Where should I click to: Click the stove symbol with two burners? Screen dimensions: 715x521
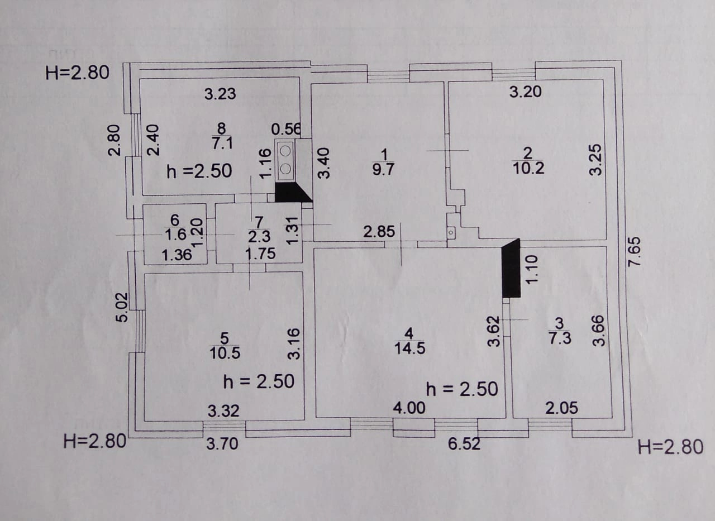pos(285,160)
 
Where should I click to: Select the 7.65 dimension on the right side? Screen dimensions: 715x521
pos(635,252)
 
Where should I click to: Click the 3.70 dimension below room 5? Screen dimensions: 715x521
pos(222,444)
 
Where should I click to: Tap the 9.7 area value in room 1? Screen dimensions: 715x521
pos(383,169)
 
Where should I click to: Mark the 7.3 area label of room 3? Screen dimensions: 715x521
pos(560,338)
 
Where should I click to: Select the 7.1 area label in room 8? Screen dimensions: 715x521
pos(222,144)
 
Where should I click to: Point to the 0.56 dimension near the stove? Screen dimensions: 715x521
pos(286,130)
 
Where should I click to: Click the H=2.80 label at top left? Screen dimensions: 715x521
pos(78,73)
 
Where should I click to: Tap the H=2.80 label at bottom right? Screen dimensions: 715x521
pos(670,447)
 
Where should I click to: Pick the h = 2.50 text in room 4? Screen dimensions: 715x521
pos(461,389)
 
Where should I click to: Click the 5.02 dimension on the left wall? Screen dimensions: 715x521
pos(122,307)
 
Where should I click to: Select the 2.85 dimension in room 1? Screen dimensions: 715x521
pos(379,231)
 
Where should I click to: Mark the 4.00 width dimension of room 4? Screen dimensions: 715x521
pos(409,408)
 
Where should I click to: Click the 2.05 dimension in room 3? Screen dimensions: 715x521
pos(561,408)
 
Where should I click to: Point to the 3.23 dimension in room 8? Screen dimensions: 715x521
pos(220,94)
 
